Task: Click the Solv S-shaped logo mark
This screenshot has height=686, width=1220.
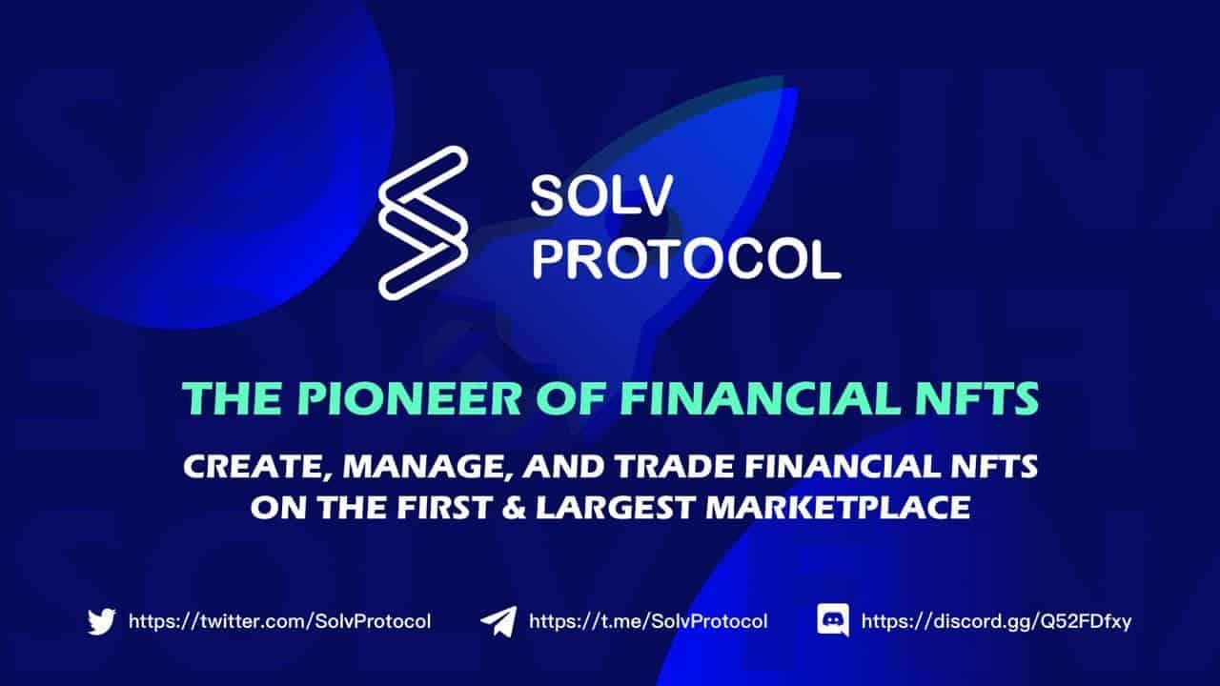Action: point(423,223)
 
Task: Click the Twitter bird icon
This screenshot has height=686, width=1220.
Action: point(101,621)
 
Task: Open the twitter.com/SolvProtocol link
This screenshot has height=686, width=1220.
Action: point(279,621)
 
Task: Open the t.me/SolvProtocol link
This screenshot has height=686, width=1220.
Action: point(648,621)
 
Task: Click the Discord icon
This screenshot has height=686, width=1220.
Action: point(833,621)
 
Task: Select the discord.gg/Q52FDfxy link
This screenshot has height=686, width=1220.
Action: point(996,621)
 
